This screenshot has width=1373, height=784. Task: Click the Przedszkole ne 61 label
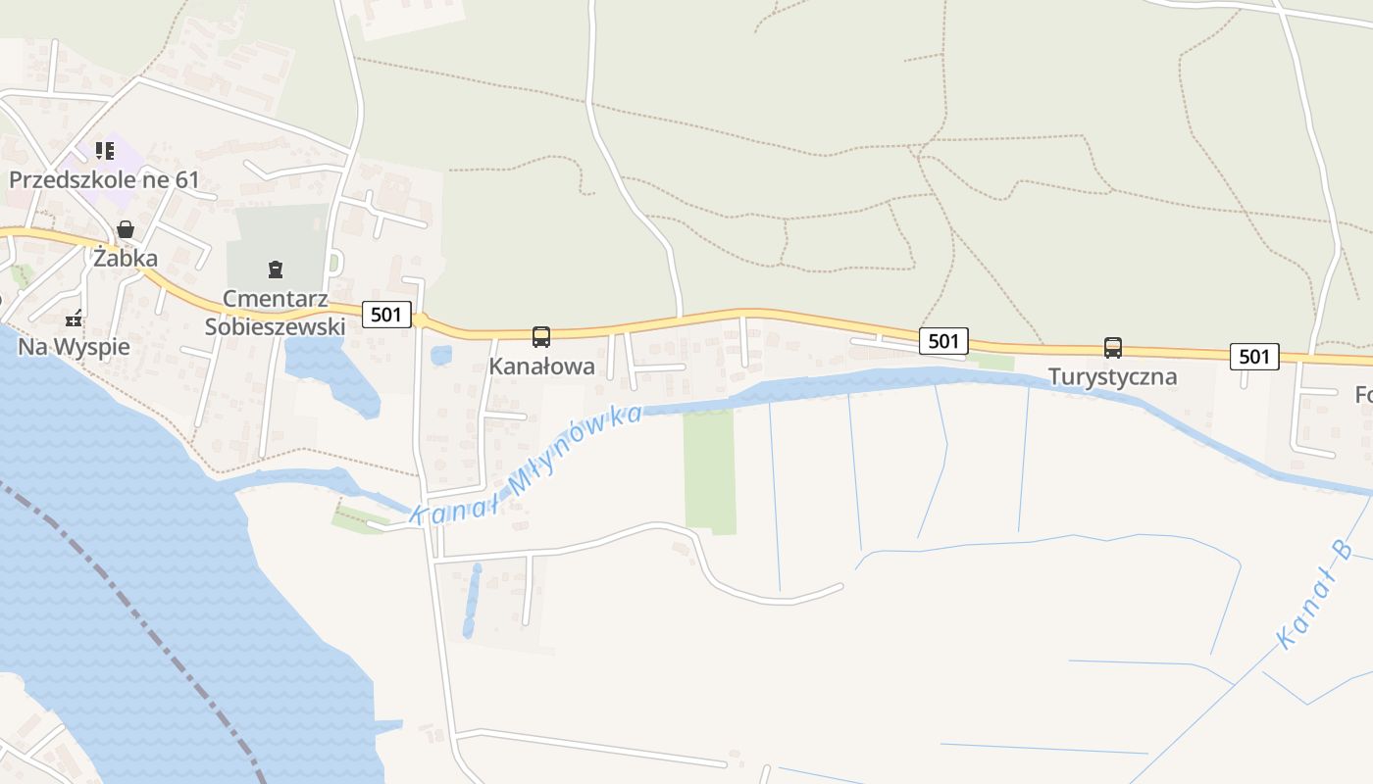104,180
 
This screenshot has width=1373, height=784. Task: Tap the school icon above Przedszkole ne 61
104,151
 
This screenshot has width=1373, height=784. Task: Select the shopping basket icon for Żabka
126,229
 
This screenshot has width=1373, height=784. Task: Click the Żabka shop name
126,259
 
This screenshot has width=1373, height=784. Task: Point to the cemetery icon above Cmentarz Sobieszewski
276,269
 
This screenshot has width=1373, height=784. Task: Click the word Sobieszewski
275,326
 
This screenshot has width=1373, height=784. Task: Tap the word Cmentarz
275,298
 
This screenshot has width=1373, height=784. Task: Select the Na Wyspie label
74,347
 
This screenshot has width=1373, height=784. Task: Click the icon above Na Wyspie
74,318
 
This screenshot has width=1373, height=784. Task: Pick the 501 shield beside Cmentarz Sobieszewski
386,315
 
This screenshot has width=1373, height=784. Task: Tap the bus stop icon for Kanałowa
541,337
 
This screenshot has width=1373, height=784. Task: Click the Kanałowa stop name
541,367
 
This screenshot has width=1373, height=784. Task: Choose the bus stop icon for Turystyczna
1112,348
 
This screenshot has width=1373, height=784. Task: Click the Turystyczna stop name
1112,377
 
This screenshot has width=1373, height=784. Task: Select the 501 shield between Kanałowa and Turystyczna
943,341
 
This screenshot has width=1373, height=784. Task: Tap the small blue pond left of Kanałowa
441,355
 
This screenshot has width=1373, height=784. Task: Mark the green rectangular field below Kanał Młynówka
709,470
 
